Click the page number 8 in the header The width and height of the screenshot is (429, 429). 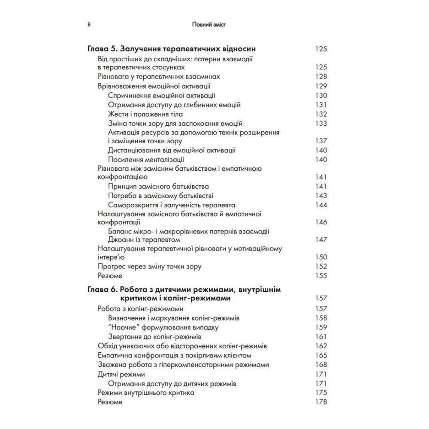click(x=89, y=25)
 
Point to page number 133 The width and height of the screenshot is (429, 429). click(x=321, y=123)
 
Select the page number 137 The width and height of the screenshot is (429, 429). click(x=321, y=141)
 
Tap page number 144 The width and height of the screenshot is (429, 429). click(x=321, y=205)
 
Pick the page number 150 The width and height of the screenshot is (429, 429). click(x=321, y=257)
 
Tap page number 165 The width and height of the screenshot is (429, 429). click(x=321, y=356)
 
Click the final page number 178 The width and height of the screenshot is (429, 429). click(x=321, y=402)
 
